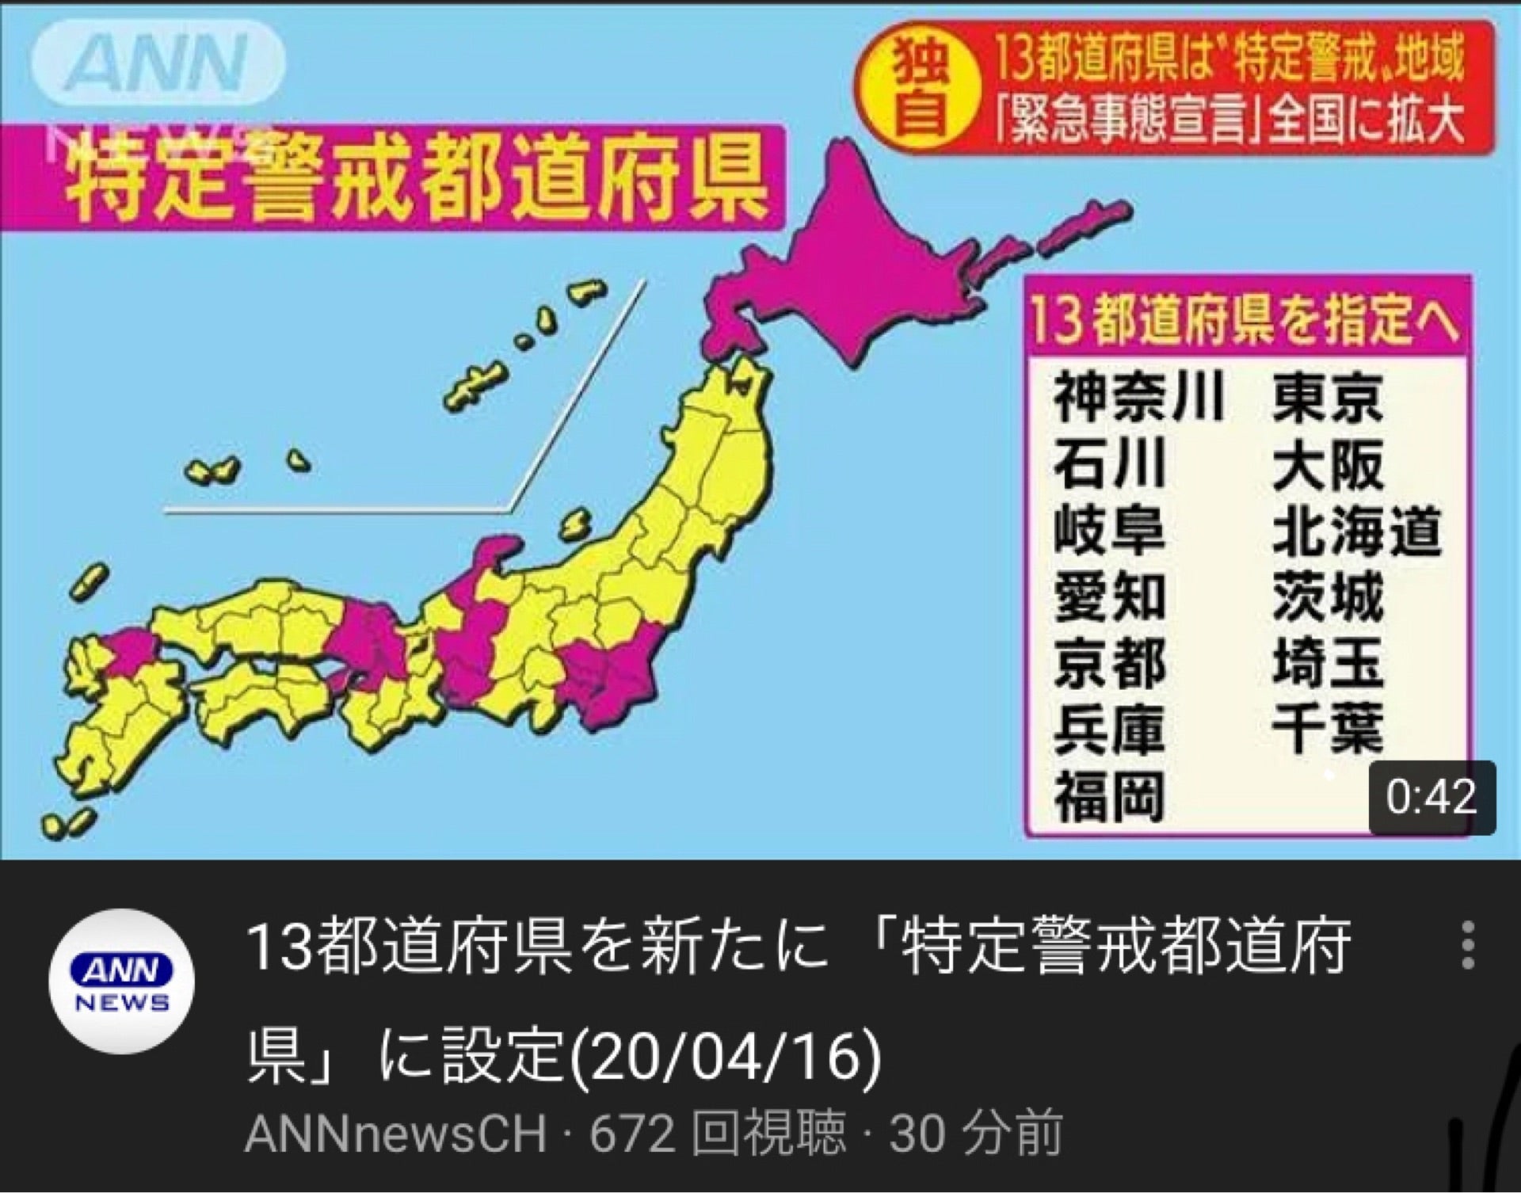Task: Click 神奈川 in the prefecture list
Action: pos(1138,398)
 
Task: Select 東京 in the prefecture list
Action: pos(1328,398)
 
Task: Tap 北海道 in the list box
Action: pos(1356,531)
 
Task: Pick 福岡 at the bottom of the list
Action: pos(1108,797)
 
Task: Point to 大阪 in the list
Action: pos(1328,465)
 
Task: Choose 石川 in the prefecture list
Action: pos(1108,465)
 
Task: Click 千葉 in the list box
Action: pos(1328,729)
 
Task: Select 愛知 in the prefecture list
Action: pos(1108,597)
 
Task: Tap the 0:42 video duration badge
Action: pos(1431,796)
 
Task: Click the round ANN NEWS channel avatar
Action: pos(121,982)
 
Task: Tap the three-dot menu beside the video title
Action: pos(1468,945)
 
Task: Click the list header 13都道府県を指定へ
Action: pos(1246,322)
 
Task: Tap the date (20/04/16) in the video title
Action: pos(725,1058)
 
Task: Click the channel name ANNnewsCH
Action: pos(396,1134)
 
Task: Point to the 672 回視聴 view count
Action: pos(717,1134)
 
